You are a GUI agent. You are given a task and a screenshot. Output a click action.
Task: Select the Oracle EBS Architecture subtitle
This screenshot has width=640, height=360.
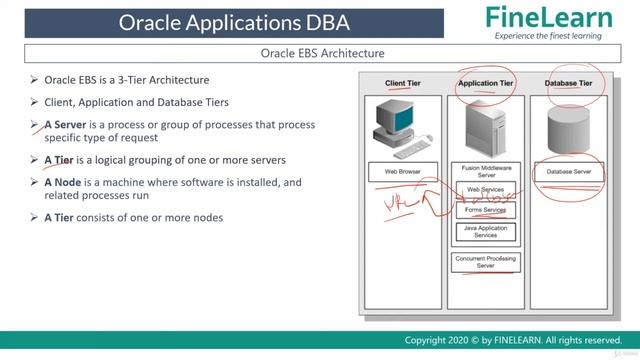click(x=321, y=53)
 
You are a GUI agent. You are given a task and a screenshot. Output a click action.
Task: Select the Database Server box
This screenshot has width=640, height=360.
click(x=568, y=172)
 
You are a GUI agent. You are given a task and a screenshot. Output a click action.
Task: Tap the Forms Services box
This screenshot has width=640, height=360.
click(x=485, y=210)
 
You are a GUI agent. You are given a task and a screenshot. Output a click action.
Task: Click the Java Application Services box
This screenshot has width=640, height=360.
click(x=485, y=232)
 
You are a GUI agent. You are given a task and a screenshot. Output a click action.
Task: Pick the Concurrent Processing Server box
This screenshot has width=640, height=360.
click(x=485, y=262)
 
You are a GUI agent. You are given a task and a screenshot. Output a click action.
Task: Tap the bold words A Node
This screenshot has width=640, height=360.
click(x=66, y=183)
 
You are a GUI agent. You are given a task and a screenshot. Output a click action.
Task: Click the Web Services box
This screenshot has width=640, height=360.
click(x=485, y=190)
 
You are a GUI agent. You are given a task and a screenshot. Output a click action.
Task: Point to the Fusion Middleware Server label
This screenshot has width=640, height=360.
click(x=485, y=171)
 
